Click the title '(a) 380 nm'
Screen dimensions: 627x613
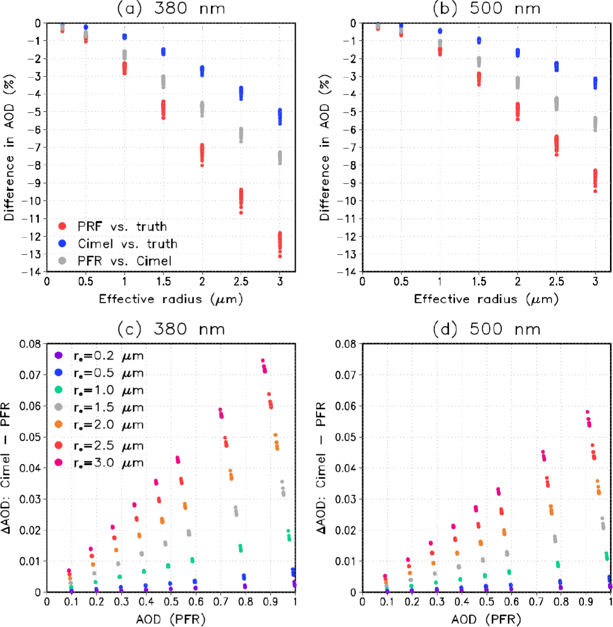[171, 9]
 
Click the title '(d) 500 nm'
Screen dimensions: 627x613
[486, 329]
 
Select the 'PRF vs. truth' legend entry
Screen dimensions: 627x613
[122, 226]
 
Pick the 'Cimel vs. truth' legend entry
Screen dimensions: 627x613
[127, 244]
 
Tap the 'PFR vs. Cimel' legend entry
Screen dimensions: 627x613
[124, 261]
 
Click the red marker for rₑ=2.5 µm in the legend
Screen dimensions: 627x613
[59, 445]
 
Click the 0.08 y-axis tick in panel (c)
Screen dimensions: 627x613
[30, 344]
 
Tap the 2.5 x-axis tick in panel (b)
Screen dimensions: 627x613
[556, 282]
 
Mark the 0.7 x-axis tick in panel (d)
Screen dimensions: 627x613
[536, 602]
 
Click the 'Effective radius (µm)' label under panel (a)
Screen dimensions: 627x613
[171, 299]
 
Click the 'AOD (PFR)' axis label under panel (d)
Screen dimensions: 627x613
[486, 619]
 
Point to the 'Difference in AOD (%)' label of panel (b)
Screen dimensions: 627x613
[325, 148]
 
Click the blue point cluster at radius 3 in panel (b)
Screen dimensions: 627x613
[595, 83]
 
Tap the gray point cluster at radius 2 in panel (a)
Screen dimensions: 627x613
[202, 108]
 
